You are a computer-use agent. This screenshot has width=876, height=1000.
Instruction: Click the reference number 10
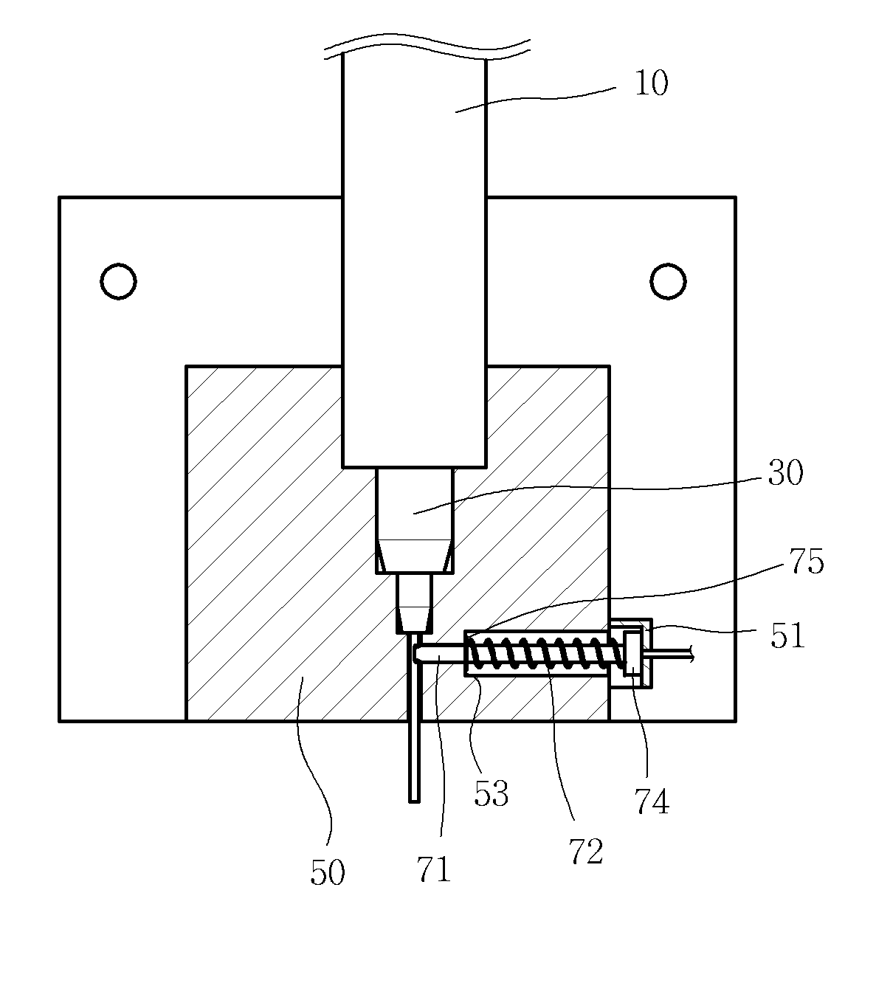click(651, 83)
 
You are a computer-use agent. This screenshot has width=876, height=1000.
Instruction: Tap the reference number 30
click(785, 472)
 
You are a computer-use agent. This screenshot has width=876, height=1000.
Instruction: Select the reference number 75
click(807, 561)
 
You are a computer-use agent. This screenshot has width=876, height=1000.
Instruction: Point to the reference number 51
click(787, 635)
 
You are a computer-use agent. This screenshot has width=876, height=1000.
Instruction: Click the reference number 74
click(652, 801)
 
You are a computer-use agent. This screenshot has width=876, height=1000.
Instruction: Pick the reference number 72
click(586, 852)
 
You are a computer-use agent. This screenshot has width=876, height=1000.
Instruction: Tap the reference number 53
click(491, 793)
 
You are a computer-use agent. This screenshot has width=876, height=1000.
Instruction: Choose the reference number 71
click(434, 869)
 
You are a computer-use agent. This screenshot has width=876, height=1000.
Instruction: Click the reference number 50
click(327, 872)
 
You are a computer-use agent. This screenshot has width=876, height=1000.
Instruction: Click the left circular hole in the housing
click(118, 281)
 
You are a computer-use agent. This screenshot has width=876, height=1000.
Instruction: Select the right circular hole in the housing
click(668, 281)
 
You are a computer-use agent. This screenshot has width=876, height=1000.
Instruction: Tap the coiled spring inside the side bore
click(546, 653)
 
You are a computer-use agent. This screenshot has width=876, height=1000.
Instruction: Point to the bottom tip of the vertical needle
click(414, 801)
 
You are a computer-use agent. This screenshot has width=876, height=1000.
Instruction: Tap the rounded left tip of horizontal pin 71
click(415, 653)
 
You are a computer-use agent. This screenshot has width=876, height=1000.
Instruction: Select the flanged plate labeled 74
click(632, 653)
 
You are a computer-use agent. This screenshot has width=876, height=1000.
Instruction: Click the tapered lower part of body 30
click(414, 556)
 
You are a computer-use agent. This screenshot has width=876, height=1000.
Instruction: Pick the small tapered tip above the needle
click(414, 619)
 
